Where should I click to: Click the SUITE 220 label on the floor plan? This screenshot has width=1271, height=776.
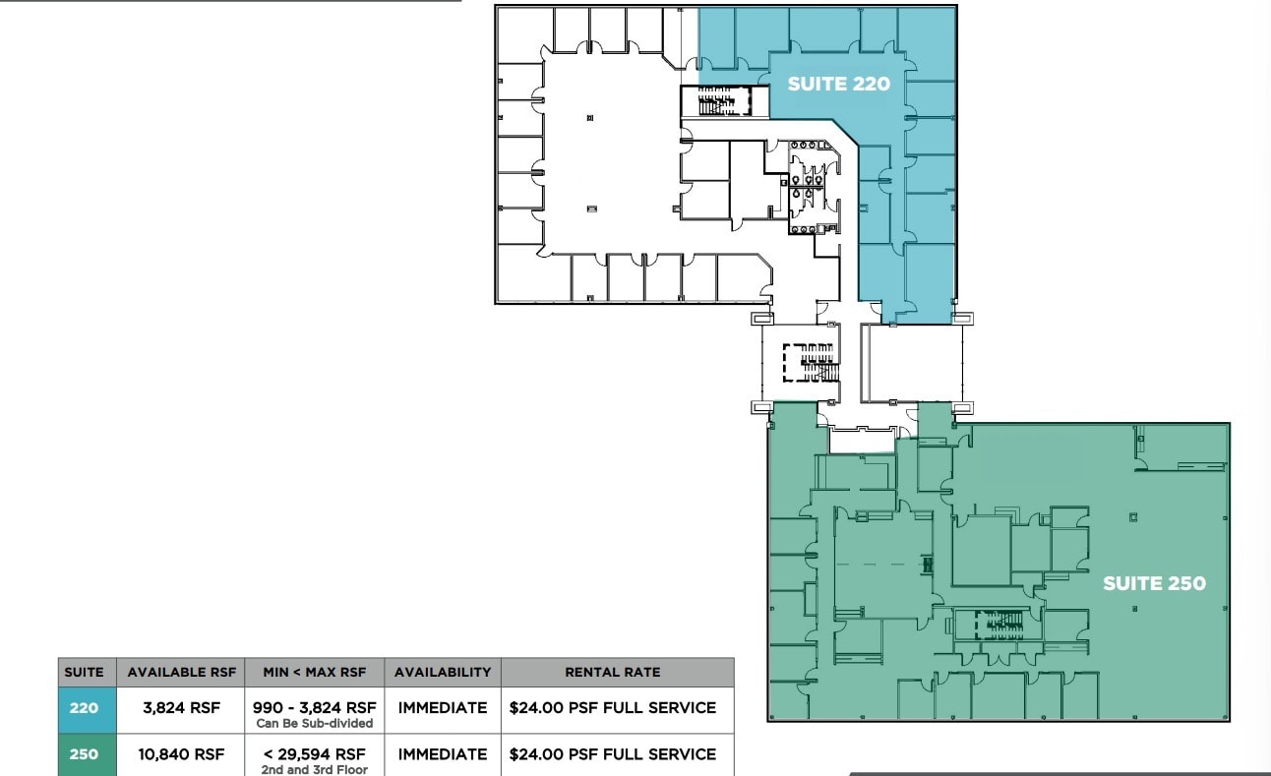pos(838,85)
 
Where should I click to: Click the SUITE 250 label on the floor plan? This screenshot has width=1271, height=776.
pos(1154,583)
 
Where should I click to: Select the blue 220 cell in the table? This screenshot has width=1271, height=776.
pos(84,708)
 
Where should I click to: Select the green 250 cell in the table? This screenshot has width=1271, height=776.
pos(84,754)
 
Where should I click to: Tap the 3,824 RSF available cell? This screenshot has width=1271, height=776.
pos(181,708)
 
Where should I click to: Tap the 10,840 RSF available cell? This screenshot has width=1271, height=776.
pos(181,754)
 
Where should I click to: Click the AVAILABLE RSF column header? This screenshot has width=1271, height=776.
pos(181,673)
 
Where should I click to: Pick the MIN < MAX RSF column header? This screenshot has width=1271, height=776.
pos(315,673)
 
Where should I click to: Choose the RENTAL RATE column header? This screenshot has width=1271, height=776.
pos(612,673)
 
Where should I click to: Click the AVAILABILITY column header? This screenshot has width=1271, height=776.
pos(443,673)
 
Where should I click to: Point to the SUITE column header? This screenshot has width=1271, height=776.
pos(84,673)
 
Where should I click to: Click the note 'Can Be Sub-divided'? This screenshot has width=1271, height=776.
pos(315,724)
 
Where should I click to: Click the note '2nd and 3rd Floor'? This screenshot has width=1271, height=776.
pos(315,770)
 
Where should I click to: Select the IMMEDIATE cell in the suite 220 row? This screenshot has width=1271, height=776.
pos(443,708)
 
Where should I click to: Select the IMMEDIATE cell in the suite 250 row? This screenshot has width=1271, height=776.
pos(443,754)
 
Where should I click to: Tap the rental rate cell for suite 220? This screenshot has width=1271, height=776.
pos(612,708)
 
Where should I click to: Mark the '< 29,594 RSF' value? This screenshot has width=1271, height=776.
pos(315,753)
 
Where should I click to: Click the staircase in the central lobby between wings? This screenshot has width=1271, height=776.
pos(810,362)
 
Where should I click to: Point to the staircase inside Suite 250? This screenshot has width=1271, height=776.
pos(999,622)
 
